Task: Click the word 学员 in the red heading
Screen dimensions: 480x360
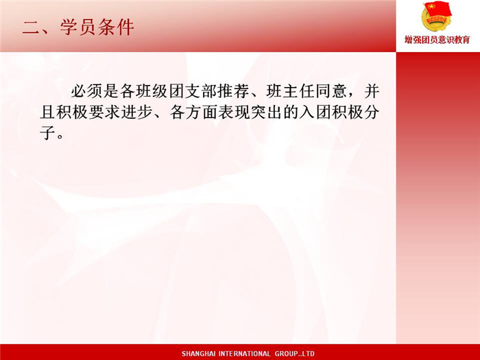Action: [78, 27]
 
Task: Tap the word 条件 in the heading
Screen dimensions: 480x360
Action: [116, 27]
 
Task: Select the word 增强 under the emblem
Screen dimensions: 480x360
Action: [413, 40]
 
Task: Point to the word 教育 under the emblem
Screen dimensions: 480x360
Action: [461, 40]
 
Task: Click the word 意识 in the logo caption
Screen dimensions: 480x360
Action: [446, 40]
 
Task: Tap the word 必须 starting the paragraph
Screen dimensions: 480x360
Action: [87, 91]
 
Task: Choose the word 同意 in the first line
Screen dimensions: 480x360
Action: [331, 91]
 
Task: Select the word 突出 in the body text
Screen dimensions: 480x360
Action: [266, 112]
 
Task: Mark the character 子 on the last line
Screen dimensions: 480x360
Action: [48, 134]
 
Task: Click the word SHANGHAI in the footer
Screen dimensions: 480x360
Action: [198, 354]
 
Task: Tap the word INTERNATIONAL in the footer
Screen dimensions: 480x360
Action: [244, 354]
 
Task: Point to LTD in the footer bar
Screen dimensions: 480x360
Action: [308, 354]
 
